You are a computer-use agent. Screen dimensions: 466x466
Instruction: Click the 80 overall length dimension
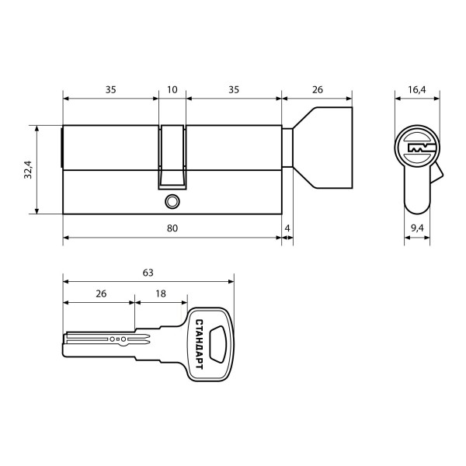click(172, 228)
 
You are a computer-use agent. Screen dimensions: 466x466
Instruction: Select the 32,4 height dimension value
click(28, 169)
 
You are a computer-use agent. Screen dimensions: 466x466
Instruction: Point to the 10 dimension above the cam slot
click(172, 90)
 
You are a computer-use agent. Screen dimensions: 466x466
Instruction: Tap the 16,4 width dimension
click(416, 90)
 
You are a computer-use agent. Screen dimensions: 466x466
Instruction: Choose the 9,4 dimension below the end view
click(416, 228)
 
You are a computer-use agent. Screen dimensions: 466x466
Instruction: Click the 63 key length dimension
click(148, 273)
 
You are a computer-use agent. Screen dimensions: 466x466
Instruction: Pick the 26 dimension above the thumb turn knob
click(317, 90)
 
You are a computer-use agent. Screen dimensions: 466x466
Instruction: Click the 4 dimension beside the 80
click(287, 228)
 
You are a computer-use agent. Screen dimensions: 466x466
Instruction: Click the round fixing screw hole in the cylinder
click(171, 201)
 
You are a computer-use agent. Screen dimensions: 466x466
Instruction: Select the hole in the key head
click(217, 344)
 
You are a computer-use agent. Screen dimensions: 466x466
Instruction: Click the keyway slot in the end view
click(417, 148)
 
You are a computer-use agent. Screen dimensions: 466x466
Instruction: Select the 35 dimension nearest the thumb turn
click(234, 90)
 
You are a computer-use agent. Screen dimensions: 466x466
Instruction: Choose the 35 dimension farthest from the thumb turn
click(110, 90)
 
